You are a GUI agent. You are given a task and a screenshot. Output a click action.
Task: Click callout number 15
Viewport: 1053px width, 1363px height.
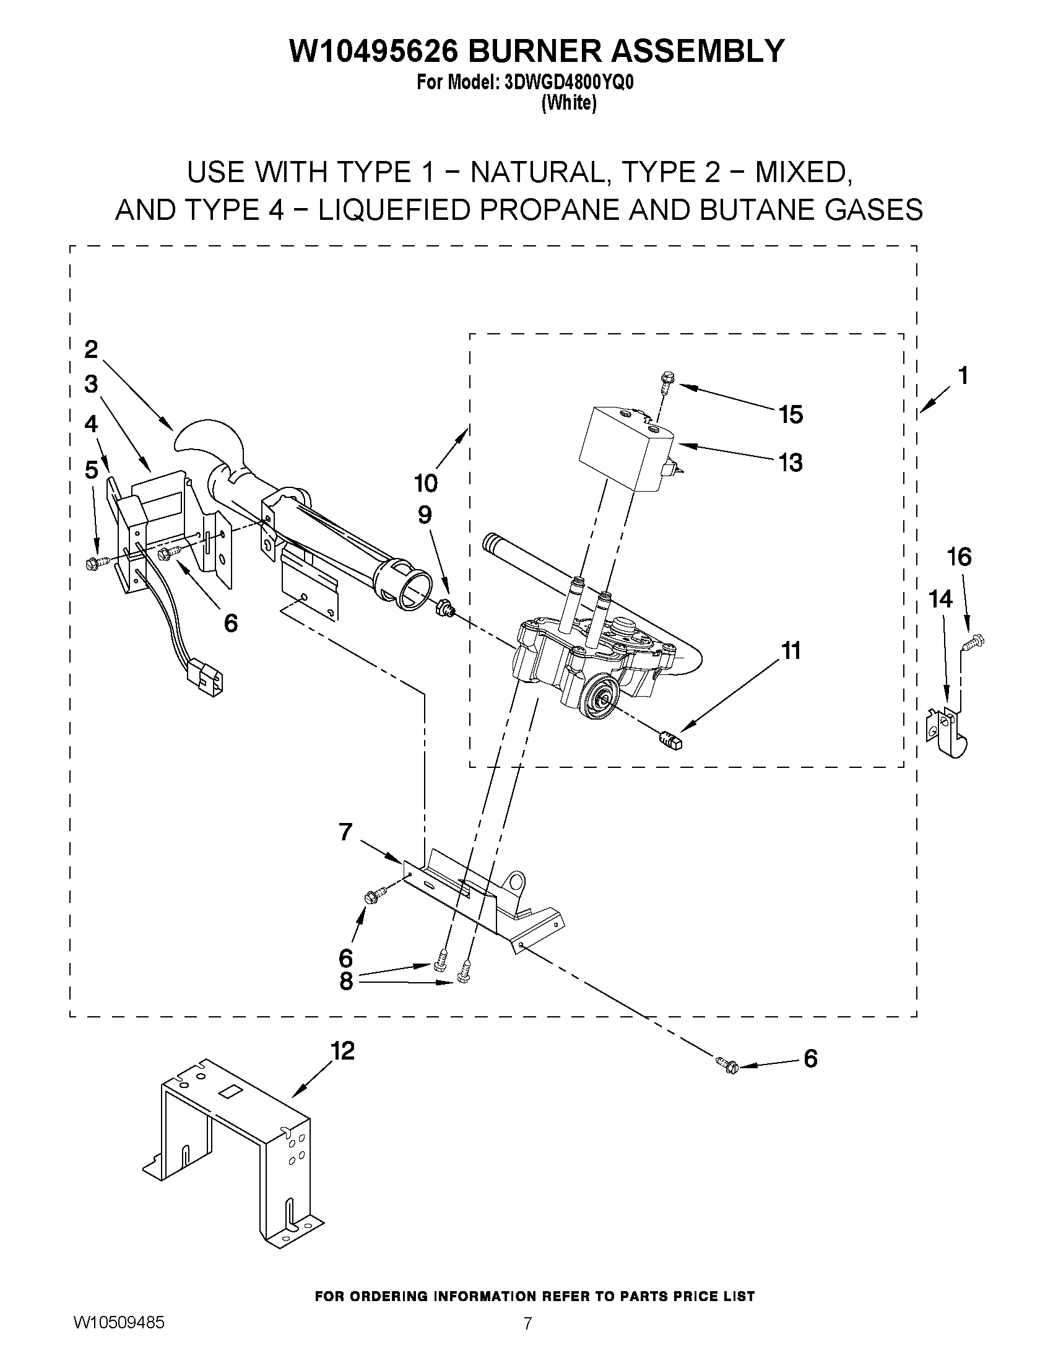click(791, 414)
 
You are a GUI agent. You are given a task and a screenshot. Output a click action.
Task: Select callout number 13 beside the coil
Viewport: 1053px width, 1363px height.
click(791, 463)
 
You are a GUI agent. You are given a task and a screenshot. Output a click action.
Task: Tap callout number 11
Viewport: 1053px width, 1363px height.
click(791, 651)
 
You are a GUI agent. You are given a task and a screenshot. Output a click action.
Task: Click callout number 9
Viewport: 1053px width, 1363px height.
click(424, 515)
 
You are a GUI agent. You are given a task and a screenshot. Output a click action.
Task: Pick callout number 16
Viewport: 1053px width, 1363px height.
click(960, 556)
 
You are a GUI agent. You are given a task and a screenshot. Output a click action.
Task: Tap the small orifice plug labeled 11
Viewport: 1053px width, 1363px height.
click(670, 741)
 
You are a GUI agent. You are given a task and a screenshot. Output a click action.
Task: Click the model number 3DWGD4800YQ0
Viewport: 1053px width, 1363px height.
click(568, 83)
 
